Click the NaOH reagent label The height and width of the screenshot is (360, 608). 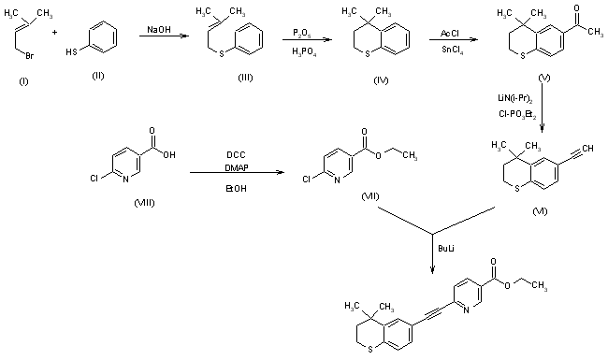(158, 31)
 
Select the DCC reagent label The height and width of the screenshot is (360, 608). (235, 151)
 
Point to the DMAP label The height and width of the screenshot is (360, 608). (235, 165)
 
